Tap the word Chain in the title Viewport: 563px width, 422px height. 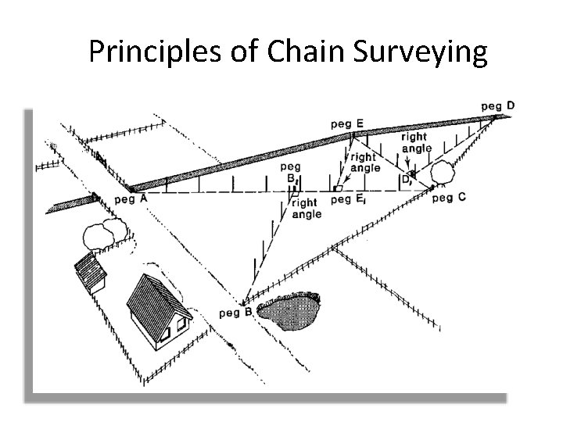click(306, 52)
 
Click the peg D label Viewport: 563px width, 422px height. click(497, 105)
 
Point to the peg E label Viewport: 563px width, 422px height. click(346, 123)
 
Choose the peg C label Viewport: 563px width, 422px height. click(448, 198)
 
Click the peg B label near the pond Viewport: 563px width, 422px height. click(235, 313)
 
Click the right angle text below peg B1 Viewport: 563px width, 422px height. click(306, 209)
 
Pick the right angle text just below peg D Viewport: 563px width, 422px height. click(415, 143)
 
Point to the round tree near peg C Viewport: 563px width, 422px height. click(442, 171)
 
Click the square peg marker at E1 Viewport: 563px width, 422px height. click(337, 188)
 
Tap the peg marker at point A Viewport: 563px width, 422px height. click(130, 188)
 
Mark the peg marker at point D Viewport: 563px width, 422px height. click(495, 117)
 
